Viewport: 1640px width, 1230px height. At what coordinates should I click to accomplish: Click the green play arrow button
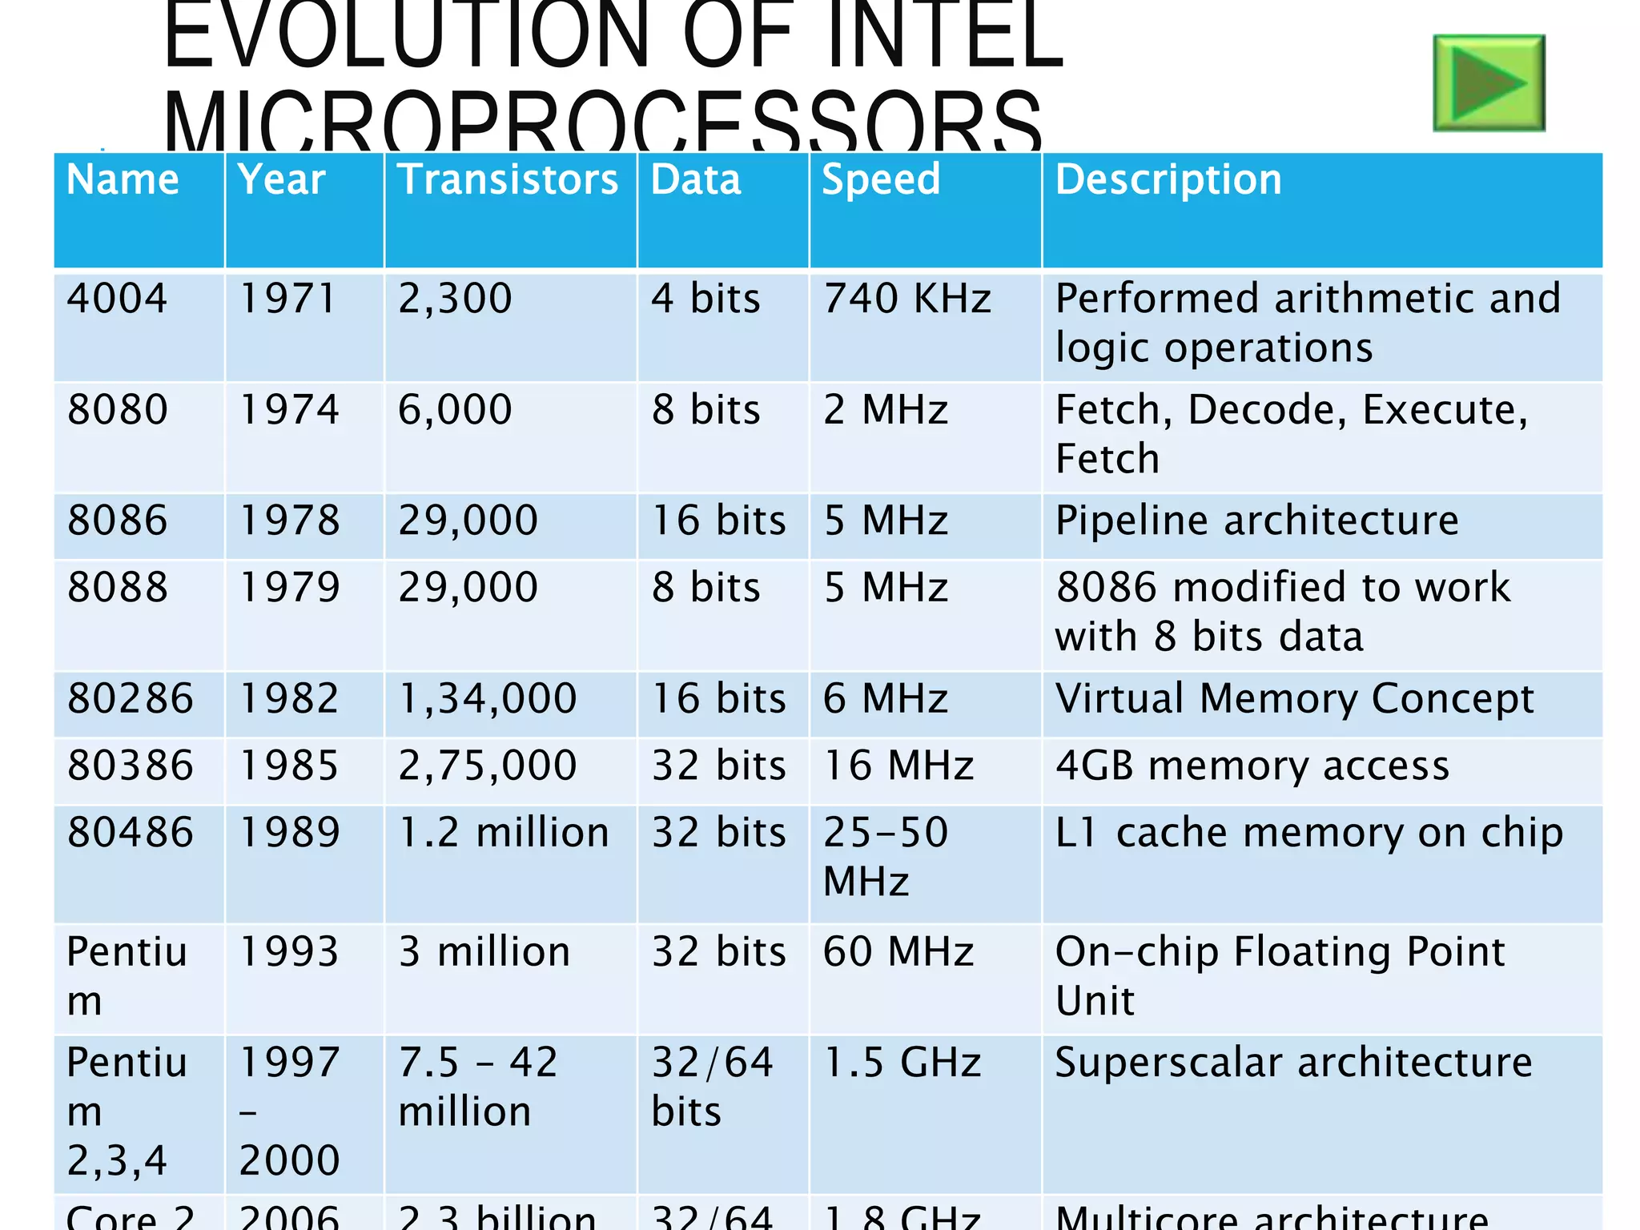click(1488, 83)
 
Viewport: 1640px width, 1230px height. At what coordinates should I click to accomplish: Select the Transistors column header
click(508, 179)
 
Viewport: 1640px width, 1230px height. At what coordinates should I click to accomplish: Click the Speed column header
click(881, 179)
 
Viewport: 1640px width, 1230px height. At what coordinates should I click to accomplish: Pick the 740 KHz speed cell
click(907, 299)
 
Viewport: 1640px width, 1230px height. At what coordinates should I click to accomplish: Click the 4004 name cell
click(118, 299)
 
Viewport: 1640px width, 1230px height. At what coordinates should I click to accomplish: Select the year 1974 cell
click(289, 410)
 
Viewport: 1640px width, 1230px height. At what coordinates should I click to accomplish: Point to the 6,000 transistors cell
click(455, 410)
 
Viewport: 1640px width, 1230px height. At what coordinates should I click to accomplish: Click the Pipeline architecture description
click(1256, 521)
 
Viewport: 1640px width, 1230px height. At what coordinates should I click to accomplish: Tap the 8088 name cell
click(118, 587)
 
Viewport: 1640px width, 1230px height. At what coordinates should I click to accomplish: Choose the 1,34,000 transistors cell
click(488, 698)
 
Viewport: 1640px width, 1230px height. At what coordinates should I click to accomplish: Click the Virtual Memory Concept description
click(1294, 698)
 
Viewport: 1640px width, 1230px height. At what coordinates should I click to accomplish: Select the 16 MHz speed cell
click(898, 766)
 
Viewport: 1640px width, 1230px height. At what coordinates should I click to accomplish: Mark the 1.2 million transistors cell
click(504, 833)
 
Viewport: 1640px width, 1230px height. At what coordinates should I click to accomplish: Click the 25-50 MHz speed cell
click(886, 856)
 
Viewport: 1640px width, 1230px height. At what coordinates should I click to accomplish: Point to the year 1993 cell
click(289, 952)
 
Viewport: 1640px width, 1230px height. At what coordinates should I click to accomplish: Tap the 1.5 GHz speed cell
click(902, 1063)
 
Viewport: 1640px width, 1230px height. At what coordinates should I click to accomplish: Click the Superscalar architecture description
click(1293, 1063)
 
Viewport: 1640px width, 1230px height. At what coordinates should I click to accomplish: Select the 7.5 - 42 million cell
click(478, 1087)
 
